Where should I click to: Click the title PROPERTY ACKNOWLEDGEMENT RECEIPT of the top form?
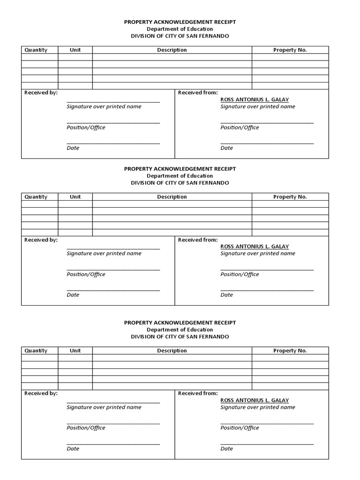coord(180,22)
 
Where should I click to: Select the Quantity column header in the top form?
coord(36,50)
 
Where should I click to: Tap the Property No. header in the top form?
coord(290,50)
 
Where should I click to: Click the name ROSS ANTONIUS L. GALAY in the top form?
coord(255,100)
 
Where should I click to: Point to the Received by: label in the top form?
coord(41,93)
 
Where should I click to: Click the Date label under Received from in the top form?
coord(226,148)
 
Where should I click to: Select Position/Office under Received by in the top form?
coord(86,127)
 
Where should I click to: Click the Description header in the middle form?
coord(172,197)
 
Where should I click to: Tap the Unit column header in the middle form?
coord(75,197)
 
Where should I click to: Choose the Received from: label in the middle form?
coord(198,240)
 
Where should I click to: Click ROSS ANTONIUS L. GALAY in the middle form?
coord(255,247)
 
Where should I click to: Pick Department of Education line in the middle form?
coord(180,176)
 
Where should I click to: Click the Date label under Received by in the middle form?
coord(73,295)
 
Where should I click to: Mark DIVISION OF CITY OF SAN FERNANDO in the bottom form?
coord(180,337)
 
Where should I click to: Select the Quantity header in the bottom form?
coord(36,351)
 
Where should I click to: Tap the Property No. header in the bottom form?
coord(290,351)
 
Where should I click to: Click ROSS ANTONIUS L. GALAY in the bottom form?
coord(255,400)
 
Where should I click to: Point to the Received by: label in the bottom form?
coord(41,393)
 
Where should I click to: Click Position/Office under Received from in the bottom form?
coord(240,428)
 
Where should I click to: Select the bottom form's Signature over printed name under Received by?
coord(104,407)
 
